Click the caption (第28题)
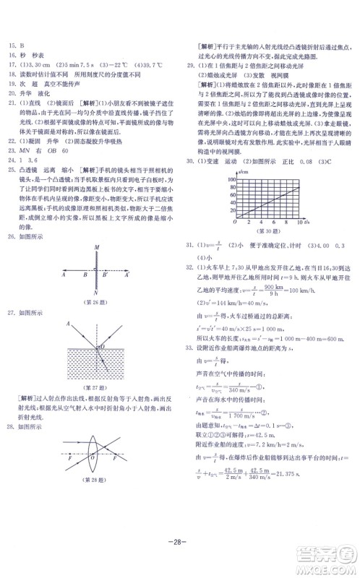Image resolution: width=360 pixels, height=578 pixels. coord(93,500)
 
